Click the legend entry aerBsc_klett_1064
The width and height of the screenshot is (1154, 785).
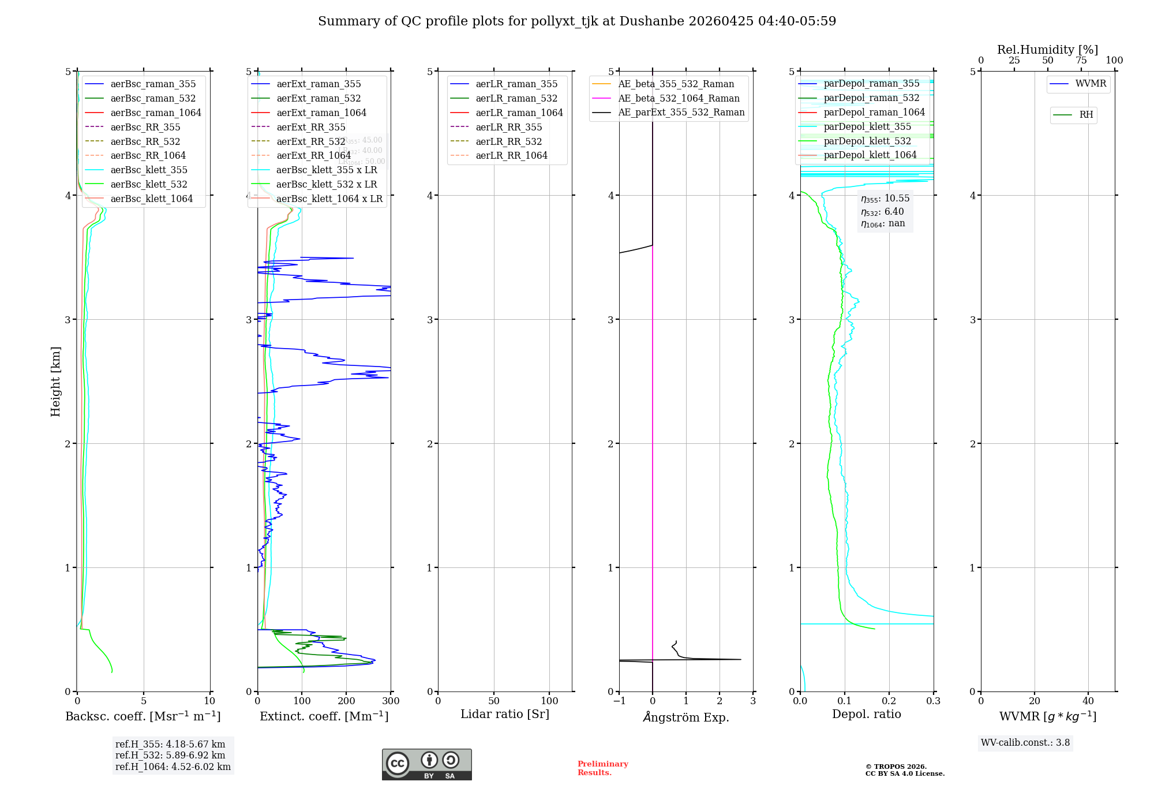152,199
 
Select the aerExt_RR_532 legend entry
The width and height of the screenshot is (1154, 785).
310,141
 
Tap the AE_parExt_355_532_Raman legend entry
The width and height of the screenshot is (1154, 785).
681,112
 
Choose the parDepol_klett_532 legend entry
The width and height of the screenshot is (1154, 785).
867,141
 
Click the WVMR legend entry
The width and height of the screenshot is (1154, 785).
1091,84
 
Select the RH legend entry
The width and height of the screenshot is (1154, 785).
1086,115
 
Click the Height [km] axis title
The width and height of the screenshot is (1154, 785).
55,382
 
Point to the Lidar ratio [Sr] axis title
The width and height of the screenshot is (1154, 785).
505,714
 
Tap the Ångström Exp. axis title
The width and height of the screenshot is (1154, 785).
686,717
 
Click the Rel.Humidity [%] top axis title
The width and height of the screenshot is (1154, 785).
1047,50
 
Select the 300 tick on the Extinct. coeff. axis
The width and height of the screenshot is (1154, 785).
391,701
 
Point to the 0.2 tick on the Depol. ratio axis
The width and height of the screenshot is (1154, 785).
889,701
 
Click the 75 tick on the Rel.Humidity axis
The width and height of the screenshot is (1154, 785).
1081,61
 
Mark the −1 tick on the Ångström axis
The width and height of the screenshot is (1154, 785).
619,701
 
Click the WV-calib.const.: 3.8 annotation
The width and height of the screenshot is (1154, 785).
1025,743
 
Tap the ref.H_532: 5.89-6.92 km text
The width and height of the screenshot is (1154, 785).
170,755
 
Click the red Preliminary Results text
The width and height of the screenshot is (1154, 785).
602,768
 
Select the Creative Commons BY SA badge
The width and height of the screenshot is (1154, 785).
427,765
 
